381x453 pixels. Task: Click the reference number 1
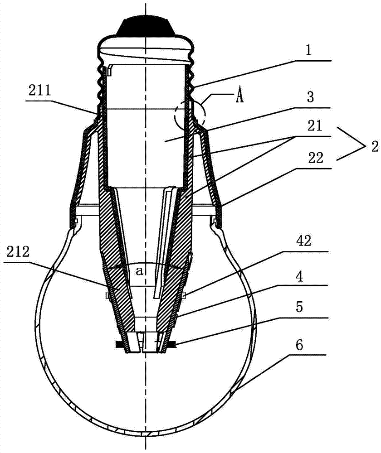(x=309, y=51)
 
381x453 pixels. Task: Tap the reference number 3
(x=310, y=97)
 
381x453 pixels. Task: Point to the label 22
(x=316, y=158)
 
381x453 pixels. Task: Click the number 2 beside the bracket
(x=375, y=147)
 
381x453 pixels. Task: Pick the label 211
(x=39, y=91)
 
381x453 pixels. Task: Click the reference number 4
(x=299, y=276)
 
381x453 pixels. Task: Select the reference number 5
(x=299, y=307)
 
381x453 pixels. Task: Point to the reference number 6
(x=299, y=345)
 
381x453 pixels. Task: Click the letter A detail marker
(x=240, y=97)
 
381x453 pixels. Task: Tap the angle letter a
(x=140, y=271)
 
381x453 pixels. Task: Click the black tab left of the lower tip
(x=120, y=344)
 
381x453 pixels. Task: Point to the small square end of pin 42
(x=184, y=295)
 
